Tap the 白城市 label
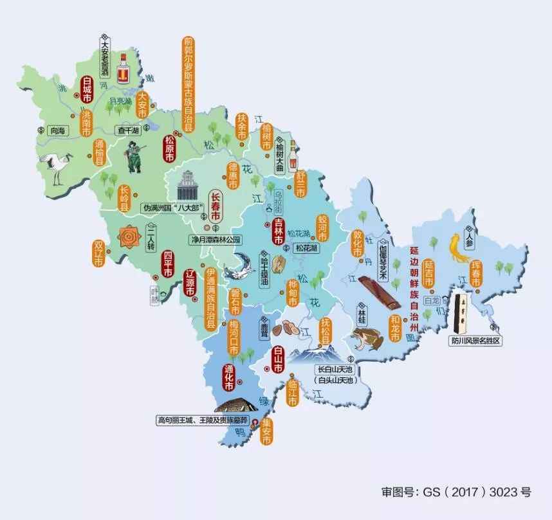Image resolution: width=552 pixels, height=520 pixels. coord(87,90)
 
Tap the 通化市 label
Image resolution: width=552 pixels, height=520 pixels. coord(228,379)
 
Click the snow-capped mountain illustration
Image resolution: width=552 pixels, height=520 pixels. coord(313,354)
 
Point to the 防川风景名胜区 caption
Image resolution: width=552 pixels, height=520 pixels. coord(475,341)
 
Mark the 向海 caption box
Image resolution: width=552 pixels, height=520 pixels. coord(58,130)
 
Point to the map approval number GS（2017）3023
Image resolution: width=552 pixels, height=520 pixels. coord(455,492)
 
